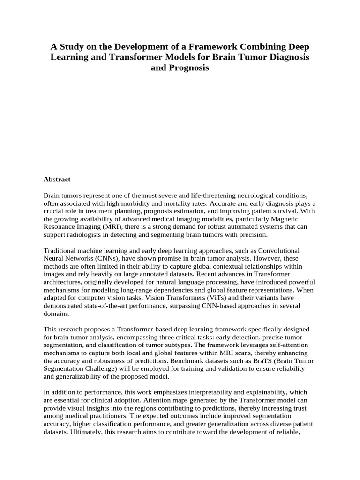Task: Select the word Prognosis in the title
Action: [x=186, y=68]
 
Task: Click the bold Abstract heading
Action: [x=57, y=179]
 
